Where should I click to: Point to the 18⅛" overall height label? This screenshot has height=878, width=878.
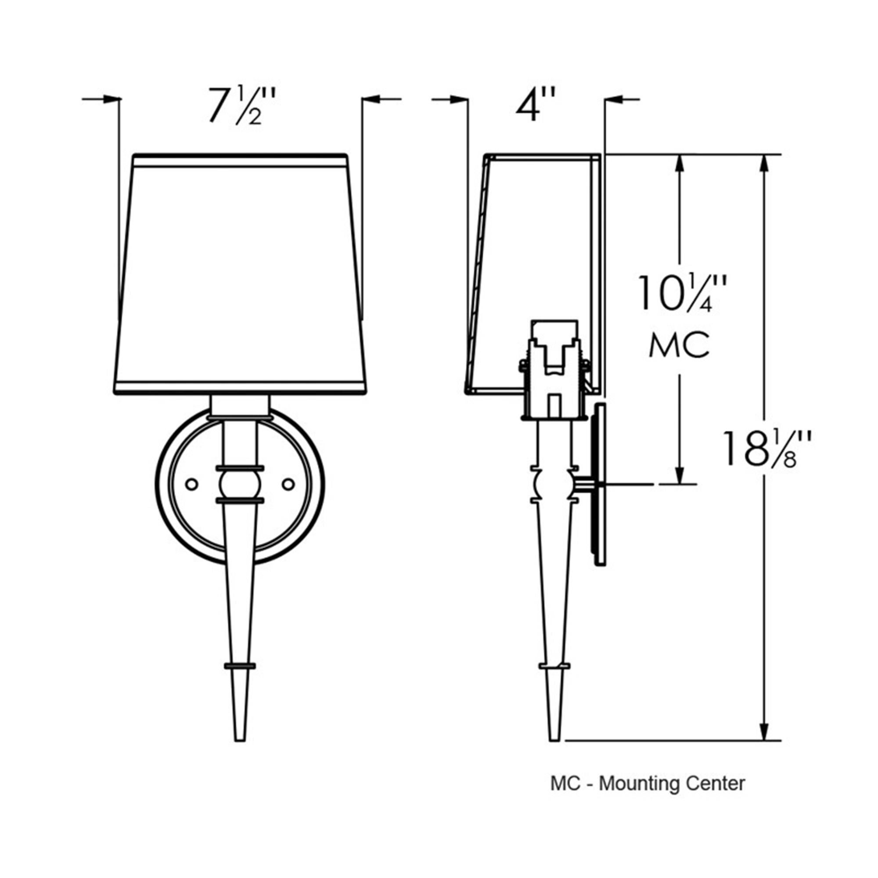[765, 450]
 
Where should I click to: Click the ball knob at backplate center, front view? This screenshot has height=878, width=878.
[240, 485]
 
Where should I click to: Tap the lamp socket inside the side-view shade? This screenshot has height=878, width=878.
[554, 371]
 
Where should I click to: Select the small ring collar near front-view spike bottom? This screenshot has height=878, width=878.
[240, 666]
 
